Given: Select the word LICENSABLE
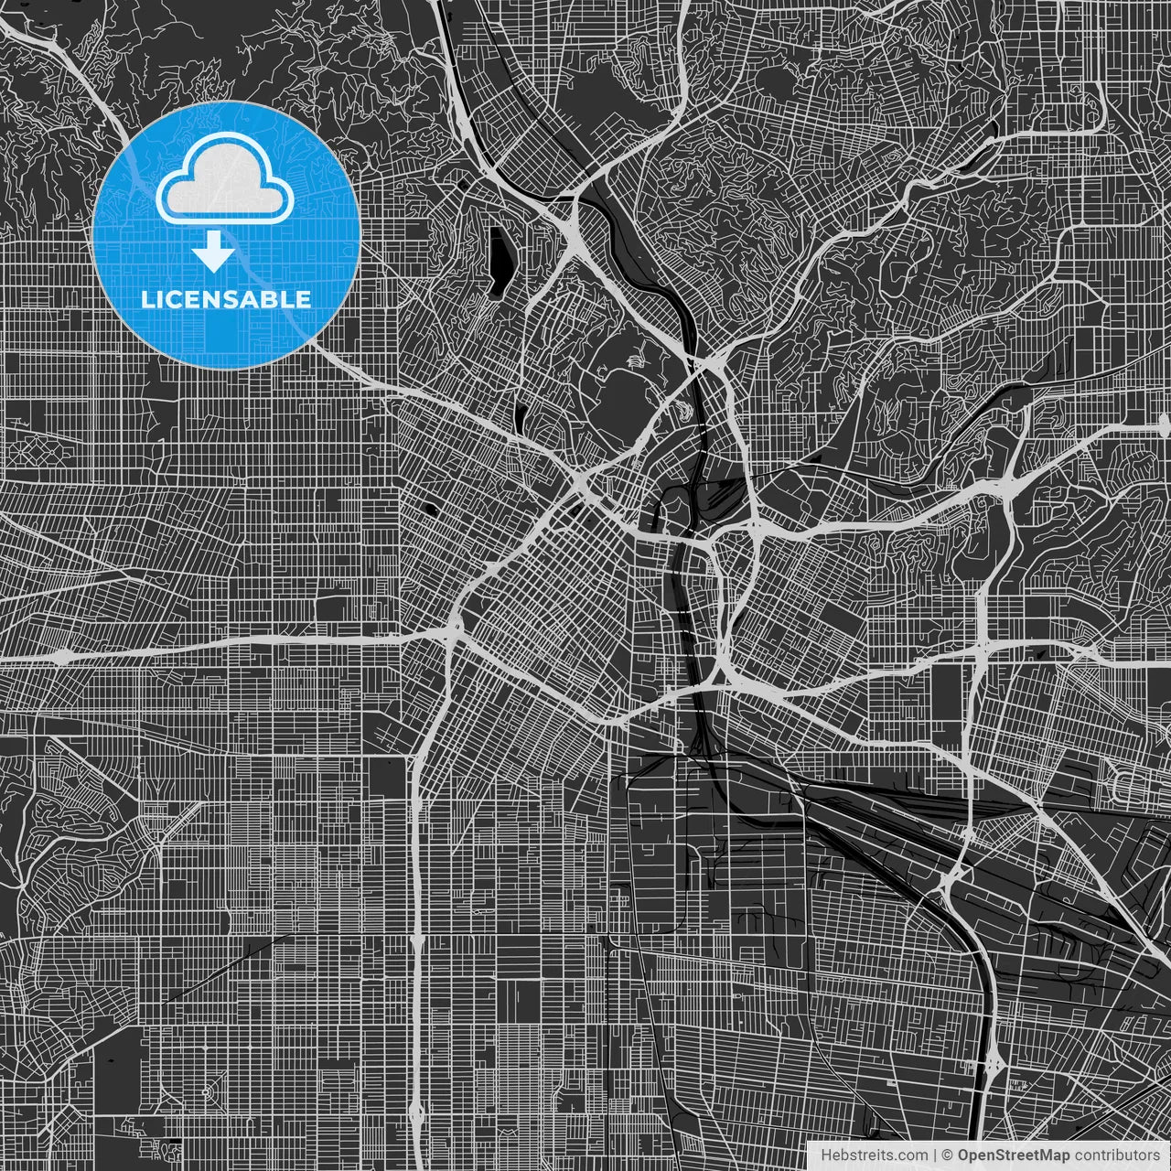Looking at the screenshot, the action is [225, 299].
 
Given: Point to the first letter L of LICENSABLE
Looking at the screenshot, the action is [146, 299].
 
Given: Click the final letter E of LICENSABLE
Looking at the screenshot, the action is [303, 299].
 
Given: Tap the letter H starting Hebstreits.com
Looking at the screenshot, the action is [825, 1155].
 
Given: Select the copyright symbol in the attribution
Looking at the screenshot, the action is [948, 1155].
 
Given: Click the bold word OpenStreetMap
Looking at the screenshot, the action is [1014, 1155].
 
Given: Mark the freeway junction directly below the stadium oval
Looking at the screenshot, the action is [583, 482].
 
